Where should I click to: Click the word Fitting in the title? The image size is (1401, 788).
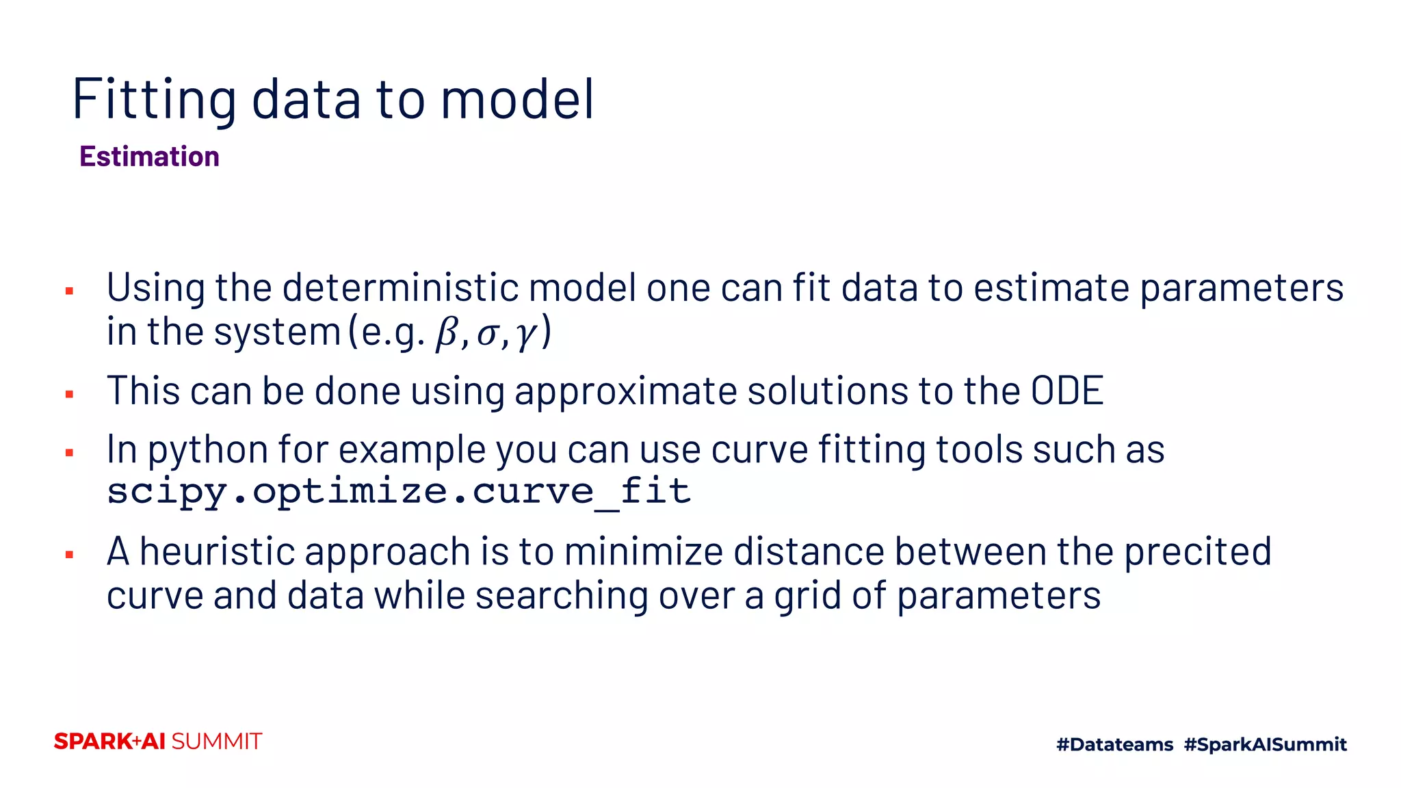pos(155,99)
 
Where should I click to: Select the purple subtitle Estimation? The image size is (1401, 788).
pos(149,157)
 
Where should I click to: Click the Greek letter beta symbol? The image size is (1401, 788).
pos(447,334)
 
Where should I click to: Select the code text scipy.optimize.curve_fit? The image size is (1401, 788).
pos(399,491)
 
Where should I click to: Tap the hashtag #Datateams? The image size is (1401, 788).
pos(1114,744)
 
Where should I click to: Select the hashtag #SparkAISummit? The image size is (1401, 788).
pos(1265,744)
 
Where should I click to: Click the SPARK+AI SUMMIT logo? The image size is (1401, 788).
pos(158,741)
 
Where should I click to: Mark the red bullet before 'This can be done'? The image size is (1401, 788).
pos(69,394)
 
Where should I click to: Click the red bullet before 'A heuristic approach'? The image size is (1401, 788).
pos(69,555)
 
